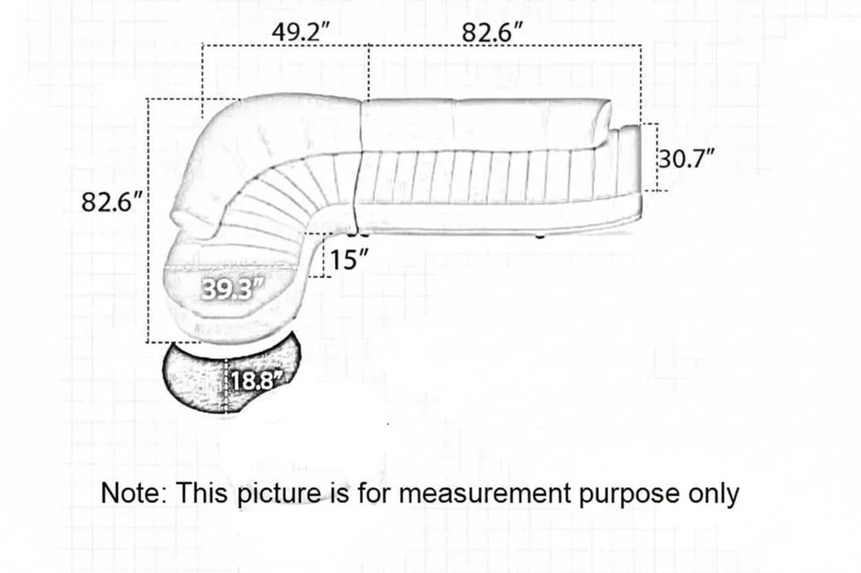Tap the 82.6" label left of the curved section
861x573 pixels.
(112, 202)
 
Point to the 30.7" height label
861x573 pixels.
(687, 159)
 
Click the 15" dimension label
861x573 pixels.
(349, 259)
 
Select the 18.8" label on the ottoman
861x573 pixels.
(257, 380)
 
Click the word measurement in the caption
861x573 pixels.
(485, 492)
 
